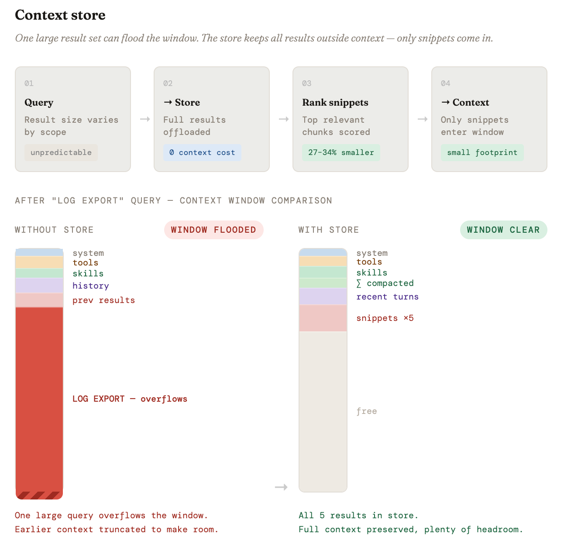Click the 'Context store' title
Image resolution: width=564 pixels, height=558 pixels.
click(x=60, y=15)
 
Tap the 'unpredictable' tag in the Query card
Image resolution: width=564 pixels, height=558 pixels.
click(x=61, y=152)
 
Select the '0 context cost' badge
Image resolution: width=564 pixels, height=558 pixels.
click(x=202, y=152)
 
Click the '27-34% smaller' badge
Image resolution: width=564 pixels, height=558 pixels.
click(x=340, y=152)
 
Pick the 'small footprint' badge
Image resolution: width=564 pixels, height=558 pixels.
click(x=482, y=152)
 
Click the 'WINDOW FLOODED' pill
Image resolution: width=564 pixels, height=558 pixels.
click(x=213, y=230)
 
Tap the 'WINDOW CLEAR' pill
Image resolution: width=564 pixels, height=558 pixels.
click(x=503, y=230)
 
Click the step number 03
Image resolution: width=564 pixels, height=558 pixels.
click(x=306, y=83)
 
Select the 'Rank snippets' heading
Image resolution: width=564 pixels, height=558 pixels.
click(x=335, y=102)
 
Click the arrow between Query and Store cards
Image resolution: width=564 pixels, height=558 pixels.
click(x=145, y=119)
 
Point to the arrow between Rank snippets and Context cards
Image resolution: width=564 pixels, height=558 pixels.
click(x=422, y=119)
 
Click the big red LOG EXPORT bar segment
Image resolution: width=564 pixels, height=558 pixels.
click(x=39, y=403)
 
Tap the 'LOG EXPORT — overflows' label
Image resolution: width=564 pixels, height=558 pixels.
click(x=130, y=399)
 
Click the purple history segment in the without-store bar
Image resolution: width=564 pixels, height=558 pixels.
click(x=39, y=285)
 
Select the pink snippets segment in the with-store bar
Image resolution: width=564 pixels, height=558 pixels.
click(x=323, y=318)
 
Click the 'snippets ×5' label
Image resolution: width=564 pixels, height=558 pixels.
click(x=385, y=318)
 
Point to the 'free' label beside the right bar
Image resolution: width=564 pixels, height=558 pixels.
click(x=366, y=411)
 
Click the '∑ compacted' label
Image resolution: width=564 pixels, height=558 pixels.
click(x=385, y=283)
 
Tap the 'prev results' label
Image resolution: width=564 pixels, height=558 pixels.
click(x=103, y=300)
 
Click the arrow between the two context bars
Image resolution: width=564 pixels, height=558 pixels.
click(x=281, y=487)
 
